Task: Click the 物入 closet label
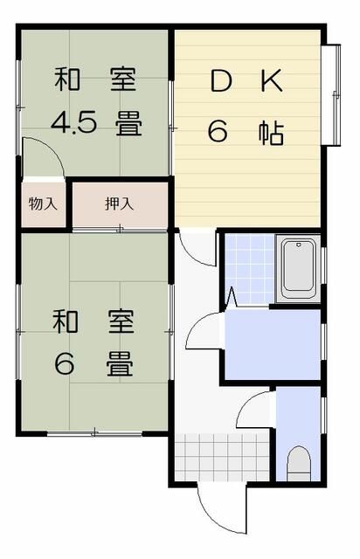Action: point(43,204)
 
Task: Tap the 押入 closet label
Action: point(119,204)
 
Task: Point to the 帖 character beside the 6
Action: point(271,132)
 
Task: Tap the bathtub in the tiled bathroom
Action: point(298,268)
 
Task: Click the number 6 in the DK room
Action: point(218,132)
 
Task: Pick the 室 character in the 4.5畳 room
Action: point(121,82)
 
